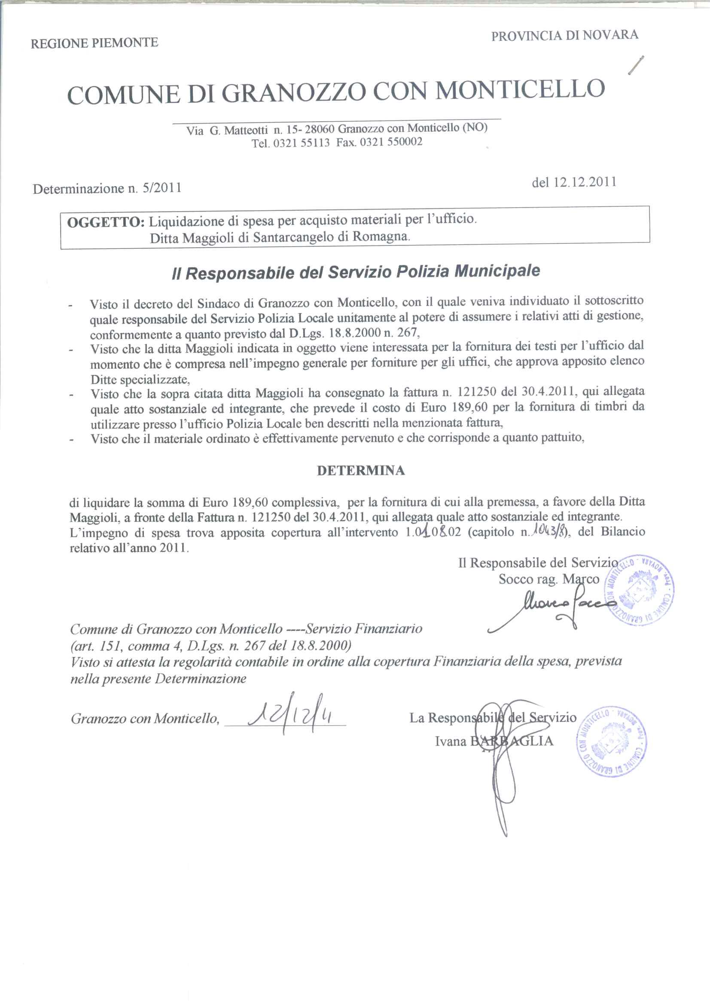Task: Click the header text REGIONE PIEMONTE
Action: click(94, 43)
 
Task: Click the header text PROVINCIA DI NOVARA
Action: click(564, 35)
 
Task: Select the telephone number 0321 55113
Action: click(301, 143)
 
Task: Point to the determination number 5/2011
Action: click(162, 188)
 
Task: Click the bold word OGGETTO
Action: click(105, 221)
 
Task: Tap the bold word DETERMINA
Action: click(360, 471)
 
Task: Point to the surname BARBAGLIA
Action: click(512, 741)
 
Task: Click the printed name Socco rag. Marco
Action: click(548, 579)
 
